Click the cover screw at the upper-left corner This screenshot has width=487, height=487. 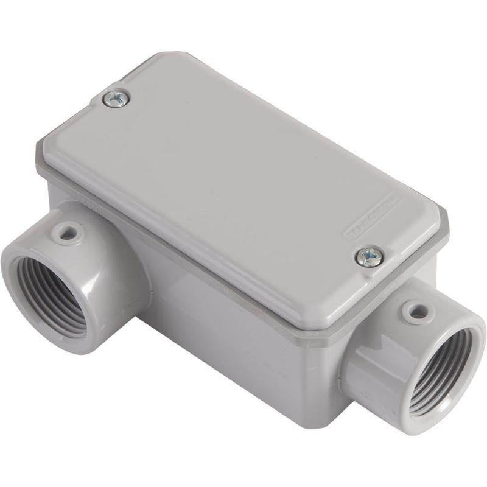[116, 98]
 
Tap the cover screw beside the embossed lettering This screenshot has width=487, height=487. [369, 256]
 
